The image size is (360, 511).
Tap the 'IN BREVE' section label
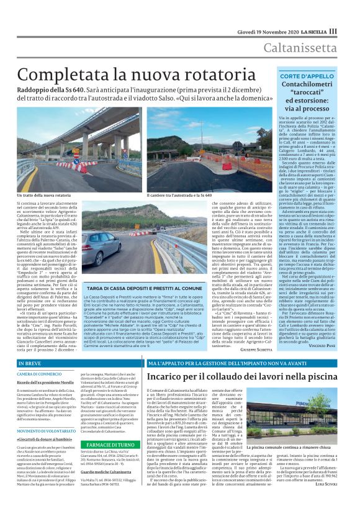tap(31, 363)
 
